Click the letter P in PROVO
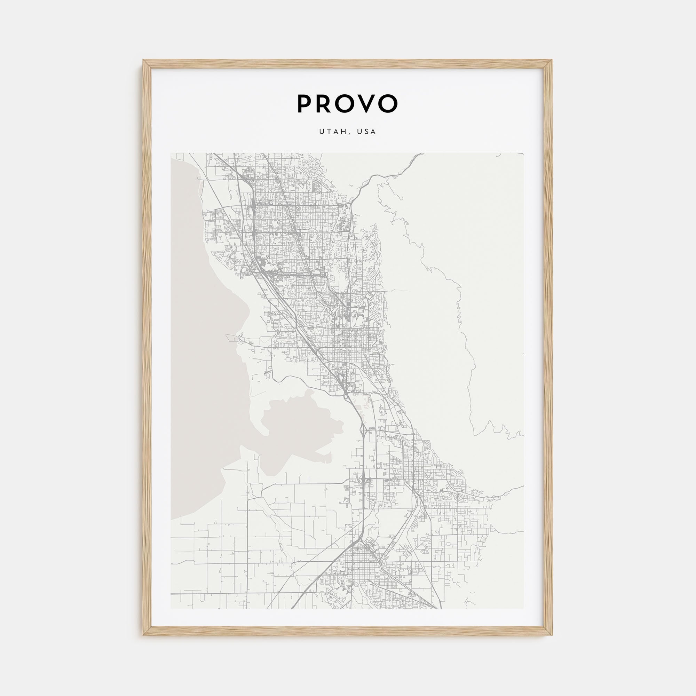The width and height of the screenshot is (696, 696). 304,104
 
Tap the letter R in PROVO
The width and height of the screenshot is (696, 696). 327,104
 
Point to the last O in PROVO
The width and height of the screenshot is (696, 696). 387,104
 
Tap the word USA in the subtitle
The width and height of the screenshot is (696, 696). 366,132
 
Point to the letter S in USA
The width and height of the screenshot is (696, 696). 366,132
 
